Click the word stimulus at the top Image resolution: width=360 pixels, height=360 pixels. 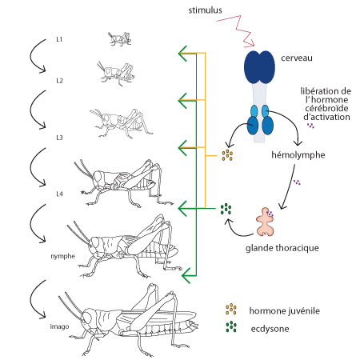(205, 10)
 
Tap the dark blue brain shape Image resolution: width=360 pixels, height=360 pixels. (259, 67)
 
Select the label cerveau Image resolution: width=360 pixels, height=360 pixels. (297, 58)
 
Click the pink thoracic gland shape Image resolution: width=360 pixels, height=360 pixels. (265, 222)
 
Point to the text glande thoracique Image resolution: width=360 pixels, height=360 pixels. (282, 248)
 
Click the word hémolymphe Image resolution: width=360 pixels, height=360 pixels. (298, 155)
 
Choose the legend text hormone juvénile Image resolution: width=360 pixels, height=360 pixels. (285, 310)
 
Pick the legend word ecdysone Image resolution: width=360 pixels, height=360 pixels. (270, 329)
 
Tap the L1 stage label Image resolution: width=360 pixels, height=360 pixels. (59, 39)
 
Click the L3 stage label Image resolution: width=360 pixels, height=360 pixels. (59, 138)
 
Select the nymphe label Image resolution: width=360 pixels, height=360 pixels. (63, 256)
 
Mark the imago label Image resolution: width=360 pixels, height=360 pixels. (59, 326)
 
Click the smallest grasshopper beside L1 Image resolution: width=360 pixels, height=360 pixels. (119, 39)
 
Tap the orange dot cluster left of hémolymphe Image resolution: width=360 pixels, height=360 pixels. (227, 155)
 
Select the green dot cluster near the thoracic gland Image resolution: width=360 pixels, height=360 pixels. (226, 209)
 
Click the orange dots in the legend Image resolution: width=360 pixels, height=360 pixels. (231, 309)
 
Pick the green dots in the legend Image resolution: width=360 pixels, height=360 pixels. (231, 326)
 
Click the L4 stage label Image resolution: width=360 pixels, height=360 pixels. (59, 194)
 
